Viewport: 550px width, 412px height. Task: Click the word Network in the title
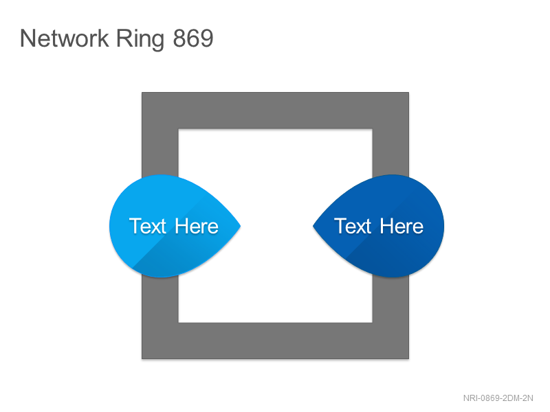point(65,38)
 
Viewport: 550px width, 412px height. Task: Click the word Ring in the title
point(140,40)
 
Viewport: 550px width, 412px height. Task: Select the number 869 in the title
point(193,38)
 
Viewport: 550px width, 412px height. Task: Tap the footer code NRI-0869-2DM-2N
point(498,398)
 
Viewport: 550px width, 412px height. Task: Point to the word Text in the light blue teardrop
point(147,226)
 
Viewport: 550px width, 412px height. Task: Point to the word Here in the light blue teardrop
point(197,227)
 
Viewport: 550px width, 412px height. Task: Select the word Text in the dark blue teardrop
point(353,226)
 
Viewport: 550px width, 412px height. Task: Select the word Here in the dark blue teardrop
point(401,227)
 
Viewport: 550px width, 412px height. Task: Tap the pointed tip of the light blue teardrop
point(241,226)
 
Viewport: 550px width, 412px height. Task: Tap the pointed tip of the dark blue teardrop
point(313,226)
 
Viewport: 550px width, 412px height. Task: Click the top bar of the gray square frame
point(276,111)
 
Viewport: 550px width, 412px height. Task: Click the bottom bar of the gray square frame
point(276,341)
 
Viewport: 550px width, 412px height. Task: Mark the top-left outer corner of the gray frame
point(142,93)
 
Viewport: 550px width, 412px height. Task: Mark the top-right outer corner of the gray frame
point(408,93)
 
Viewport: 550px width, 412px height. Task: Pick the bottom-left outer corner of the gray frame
point(142,358)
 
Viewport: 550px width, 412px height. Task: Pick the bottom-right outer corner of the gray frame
point(408,358)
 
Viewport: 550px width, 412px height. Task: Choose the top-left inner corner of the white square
point(179,129)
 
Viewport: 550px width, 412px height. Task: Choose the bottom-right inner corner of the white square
point(372,322)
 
